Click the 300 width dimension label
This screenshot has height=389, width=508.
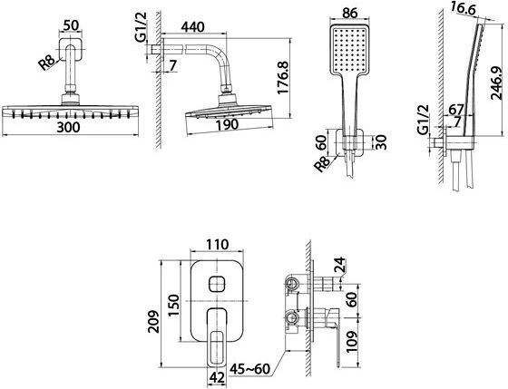[68, 127]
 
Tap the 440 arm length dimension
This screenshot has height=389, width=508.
[192, 27]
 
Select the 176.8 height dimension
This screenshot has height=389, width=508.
[283, 78]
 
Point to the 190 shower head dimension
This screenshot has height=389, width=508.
[228, 125]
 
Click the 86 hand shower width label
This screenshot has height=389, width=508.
[350, 13]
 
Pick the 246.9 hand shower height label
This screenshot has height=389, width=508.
[496, 83]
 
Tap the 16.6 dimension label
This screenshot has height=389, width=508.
[463, 10]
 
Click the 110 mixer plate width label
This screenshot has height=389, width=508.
[217, 245]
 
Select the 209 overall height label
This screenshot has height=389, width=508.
[153, 322]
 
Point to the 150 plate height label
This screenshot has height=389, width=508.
[174, 306]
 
